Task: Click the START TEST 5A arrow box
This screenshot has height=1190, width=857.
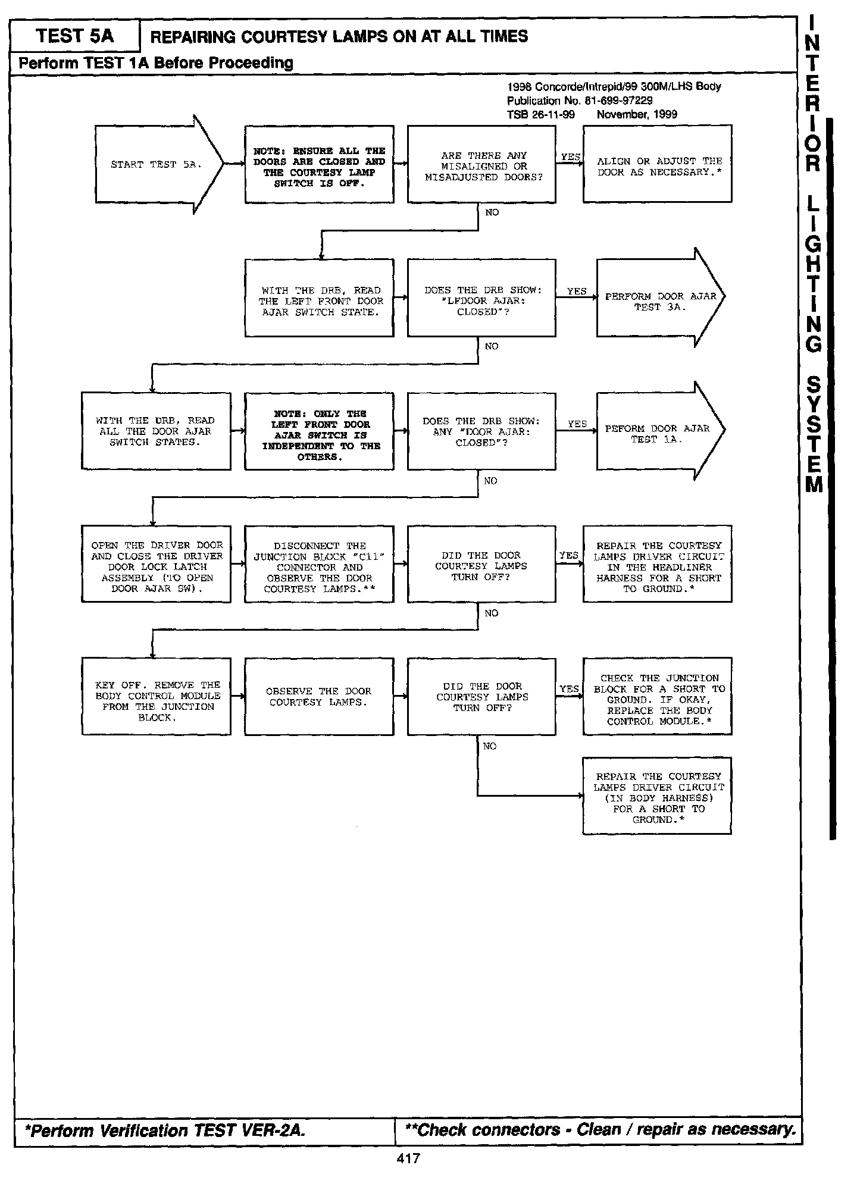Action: coord(156,164)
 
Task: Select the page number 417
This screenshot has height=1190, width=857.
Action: coord(408,1158)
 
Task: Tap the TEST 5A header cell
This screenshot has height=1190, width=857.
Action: coord(75,36)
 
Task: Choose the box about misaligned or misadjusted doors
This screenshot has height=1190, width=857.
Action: coord(481,165)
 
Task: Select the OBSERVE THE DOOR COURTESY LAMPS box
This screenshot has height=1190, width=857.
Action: coord(319,698)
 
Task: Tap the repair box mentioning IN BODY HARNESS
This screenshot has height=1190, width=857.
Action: coord(657,797)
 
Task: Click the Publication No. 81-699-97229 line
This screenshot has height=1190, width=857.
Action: coord(579,101)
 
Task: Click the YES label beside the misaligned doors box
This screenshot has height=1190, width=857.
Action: coord(570,157)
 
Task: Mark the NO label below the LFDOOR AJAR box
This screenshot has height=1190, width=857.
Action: coord(492,346)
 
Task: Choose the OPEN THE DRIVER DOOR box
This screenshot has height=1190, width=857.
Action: coord(156,565)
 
